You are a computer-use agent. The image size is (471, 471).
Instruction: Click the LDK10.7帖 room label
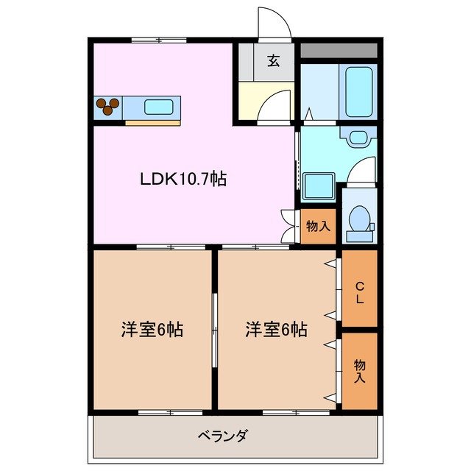click(x=183, y=179)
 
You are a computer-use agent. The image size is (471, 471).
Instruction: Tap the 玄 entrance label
click(x=273, y=62)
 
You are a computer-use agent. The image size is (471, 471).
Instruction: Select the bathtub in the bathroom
click(x=360, y=92)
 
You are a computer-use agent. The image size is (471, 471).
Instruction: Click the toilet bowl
click(x=359, y=219)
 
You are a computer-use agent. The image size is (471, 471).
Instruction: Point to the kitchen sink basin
click(x=158, y=107)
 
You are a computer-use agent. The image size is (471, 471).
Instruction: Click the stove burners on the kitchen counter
click(x=107, y=107)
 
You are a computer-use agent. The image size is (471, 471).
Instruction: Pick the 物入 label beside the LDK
click(x=318, y=226)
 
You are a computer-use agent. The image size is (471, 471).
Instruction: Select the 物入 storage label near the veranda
click(x=359, y=370)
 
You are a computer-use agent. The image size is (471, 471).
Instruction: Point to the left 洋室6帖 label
click(x=152, y=330)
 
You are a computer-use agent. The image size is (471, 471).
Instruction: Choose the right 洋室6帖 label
click(x=277, y=330)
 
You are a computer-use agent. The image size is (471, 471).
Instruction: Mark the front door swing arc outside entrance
click(x=274, y=22)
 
